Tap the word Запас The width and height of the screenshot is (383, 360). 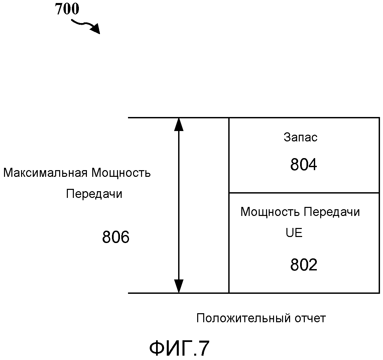point(300,137)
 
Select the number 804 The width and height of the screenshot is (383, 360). point(303,164)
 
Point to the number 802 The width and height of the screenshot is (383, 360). point(303,265)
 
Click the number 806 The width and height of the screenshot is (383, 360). point(116,237)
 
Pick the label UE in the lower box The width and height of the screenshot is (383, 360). point(294,233)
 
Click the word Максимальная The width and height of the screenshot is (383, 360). point(45,173)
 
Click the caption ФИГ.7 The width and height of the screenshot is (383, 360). point(179,348)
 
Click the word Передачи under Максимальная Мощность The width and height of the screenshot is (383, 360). point(94,194)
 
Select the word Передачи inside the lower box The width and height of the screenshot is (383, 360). point(332,212)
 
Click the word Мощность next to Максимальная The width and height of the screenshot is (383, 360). point(121,173)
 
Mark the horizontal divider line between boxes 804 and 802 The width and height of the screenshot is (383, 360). point(304,193)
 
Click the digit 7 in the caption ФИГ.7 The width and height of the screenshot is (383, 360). point(203,348)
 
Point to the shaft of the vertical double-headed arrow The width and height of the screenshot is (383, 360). point(179,205)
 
